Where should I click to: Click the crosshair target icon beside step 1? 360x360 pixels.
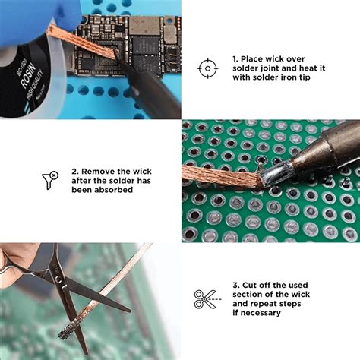207,68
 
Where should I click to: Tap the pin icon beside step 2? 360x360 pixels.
49,180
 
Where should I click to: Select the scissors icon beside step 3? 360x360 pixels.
204,298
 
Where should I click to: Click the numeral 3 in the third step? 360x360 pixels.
236,286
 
